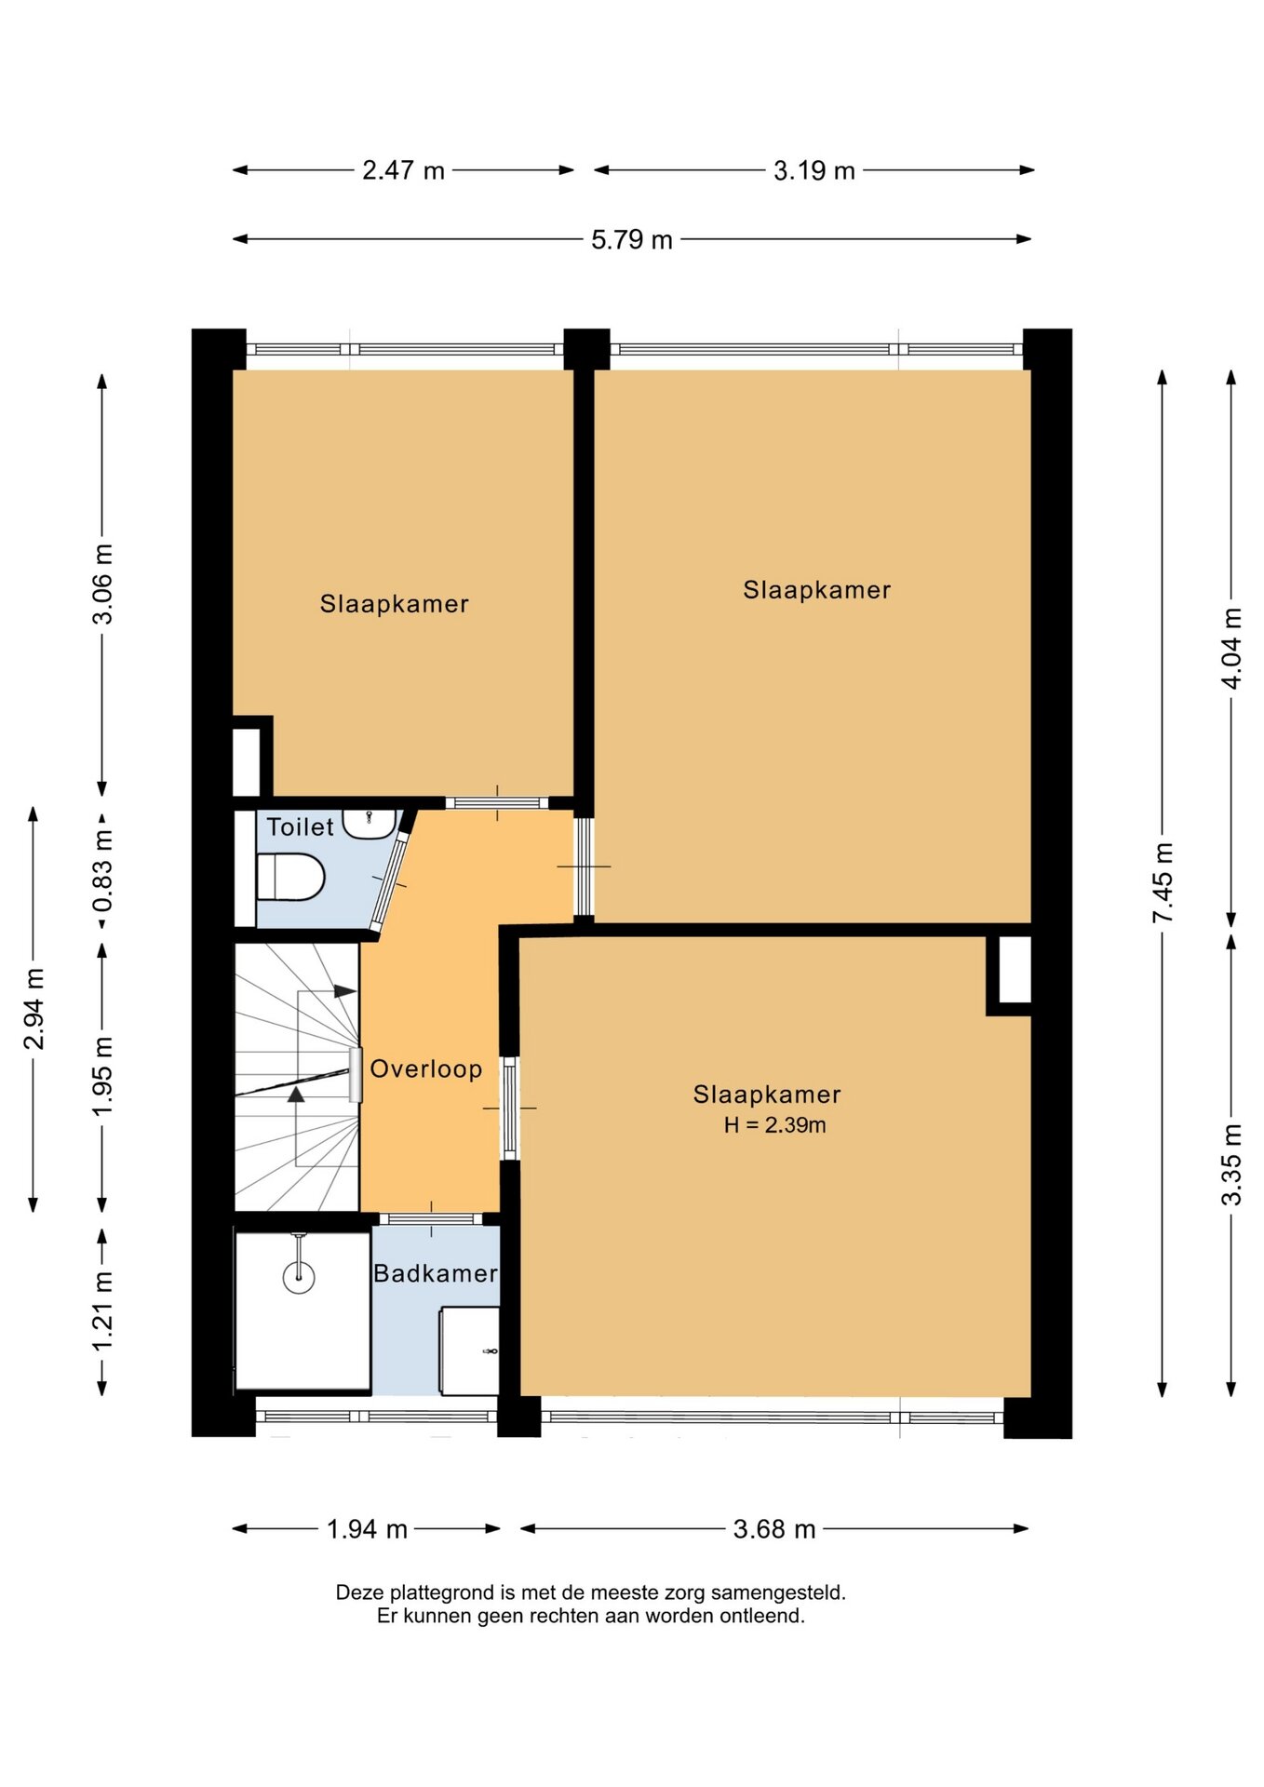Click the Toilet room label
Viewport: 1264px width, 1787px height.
tap(300, 826)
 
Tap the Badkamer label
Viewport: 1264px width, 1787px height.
tap(436, 1273)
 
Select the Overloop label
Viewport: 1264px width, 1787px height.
tap(426, 1068)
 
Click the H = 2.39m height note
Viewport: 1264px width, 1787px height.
tap(775, 1125)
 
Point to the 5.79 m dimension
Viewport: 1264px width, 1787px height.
tap(632, 239)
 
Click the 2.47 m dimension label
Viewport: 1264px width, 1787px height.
tap(403, 170)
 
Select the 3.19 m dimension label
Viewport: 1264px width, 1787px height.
tap(814, 170)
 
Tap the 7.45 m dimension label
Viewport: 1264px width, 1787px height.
tap(1163, 882)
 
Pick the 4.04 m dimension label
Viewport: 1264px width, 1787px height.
tap(1231, 648)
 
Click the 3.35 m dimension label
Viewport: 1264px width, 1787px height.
tap(1231, 1164)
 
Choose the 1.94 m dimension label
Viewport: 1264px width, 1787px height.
tap(367, 1529)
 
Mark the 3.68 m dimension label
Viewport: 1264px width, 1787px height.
tap(774, 1529)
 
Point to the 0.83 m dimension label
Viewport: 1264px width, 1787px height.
tap(102, 871)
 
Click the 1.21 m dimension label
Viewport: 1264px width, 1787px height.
tap(102, 1310)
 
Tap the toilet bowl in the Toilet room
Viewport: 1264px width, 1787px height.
tap(290, 877)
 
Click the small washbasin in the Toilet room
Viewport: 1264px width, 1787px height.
tap(370, 824)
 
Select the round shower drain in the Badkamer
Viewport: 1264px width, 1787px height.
tap(299, 1276)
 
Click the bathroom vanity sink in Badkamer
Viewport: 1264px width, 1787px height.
tap(469, 1350)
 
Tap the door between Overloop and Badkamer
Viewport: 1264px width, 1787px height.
tap(430, 1219)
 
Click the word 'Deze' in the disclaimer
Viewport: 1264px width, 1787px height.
tap(360, 1592)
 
